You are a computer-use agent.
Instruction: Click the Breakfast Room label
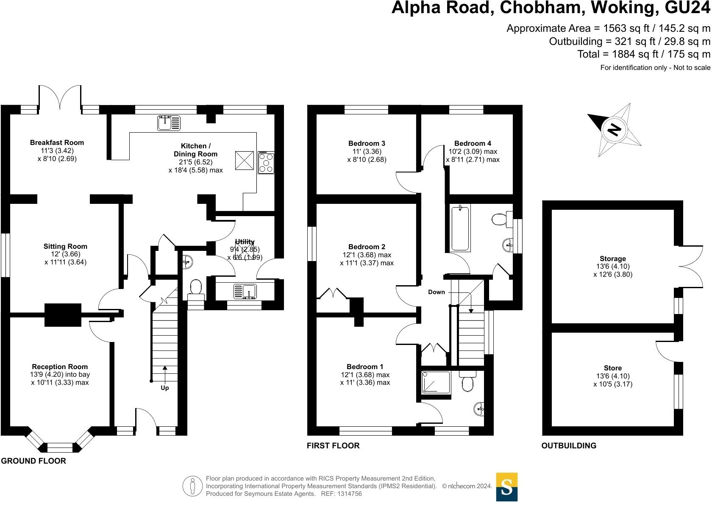[57, 143]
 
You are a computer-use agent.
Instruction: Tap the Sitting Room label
[65, 246]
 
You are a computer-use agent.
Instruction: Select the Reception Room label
[60, 367]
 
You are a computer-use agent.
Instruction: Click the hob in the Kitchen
[266, 162]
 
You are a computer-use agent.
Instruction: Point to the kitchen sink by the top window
[169, 123]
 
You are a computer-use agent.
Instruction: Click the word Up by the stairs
[164, 388]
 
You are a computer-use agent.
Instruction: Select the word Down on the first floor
[437, 292]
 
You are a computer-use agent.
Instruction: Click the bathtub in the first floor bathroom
[461, 228]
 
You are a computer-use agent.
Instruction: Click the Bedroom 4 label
[473, 143]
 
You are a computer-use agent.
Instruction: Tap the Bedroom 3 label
[367, 143]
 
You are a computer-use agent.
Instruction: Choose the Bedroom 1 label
[365, 367]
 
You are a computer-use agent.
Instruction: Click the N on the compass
[614, 129]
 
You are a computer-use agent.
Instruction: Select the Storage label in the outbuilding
[612, 259]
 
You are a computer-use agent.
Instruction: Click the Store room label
[613, 368]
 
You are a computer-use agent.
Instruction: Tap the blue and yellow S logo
[506, 487]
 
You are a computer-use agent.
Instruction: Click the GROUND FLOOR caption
[33, 461]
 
